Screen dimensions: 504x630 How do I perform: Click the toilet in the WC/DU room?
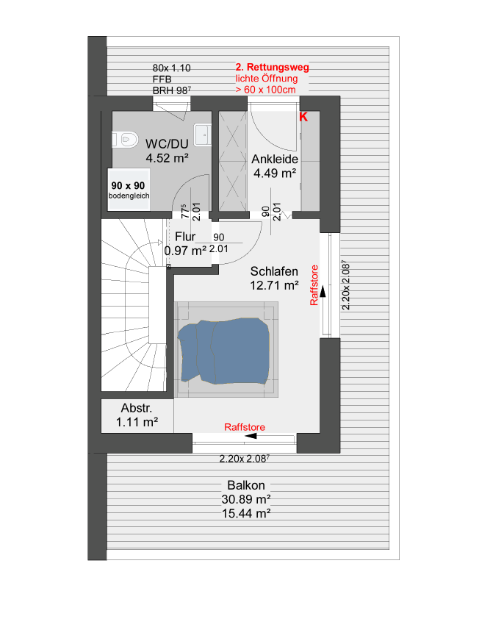coord(125,140)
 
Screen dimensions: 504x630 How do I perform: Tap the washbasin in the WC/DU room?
coord(203,135)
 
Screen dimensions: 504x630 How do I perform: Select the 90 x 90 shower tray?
coord(129,189)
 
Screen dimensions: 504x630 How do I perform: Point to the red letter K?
coord(303,117)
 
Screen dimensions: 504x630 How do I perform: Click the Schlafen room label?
coord(274,271)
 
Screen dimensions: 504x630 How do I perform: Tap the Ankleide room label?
coord(275,159)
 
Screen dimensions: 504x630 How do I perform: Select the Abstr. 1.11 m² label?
coord(137,415)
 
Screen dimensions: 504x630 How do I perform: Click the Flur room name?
coord(185,236)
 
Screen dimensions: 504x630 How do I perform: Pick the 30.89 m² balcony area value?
coord(246,499)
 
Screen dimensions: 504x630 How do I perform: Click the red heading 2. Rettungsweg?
coord(273,67)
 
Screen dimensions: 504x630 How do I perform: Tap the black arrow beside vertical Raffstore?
coord(323,290)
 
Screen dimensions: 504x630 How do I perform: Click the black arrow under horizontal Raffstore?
coord(251,436)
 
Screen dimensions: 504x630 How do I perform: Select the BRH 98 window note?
coord(171,90)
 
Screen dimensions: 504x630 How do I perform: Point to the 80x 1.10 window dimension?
coord(171,68)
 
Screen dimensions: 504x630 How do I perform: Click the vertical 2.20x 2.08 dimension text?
coord(346,285)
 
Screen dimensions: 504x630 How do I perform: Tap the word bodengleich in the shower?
coord(129,196)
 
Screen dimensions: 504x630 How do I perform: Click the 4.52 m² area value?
coord(167,158)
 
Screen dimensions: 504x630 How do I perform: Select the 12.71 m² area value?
coord(274,285)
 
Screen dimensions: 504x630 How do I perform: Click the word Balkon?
coord(246,485)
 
